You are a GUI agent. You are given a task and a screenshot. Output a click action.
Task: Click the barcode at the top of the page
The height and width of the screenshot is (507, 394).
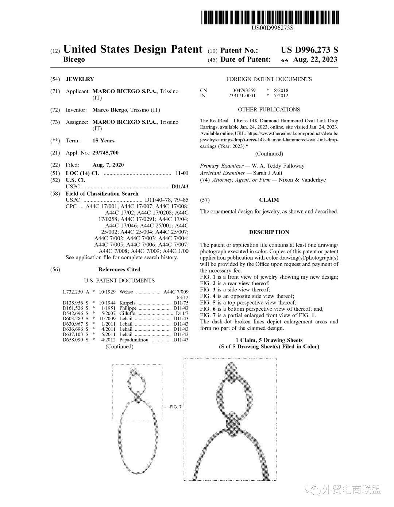(270, 17)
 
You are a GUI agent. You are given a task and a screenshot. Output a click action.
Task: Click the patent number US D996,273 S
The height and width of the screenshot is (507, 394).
(309, 50)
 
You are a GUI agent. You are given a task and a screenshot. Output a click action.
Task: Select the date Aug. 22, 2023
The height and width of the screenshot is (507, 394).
(315, 60)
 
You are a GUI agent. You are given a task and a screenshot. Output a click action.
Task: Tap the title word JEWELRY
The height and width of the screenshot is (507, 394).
(80, 79)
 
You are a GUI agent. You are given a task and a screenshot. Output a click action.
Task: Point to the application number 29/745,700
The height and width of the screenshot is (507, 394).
(105, 153)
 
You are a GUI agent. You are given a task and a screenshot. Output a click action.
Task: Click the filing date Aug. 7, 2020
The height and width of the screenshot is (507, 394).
(108, 165)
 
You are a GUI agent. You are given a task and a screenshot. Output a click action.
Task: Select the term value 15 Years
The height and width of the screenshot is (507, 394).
(103, 141)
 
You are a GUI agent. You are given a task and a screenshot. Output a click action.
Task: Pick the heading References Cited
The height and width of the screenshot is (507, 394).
(119, 270)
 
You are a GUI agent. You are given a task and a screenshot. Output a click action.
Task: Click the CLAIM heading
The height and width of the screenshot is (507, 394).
(269, 200)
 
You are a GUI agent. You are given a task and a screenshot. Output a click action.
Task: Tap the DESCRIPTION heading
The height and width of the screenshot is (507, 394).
(269, 232)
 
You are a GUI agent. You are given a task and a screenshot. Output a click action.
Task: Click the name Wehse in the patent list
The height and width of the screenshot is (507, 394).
(126, 292)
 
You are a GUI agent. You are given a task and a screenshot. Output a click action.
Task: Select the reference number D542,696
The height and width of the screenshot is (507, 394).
(73, 313)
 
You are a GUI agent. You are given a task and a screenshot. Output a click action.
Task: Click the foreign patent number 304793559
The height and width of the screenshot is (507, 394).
(244, 90)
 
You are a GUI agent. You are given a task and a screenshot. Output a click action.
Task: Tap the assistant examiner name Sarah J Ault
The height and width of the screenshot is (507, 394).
(268, 173)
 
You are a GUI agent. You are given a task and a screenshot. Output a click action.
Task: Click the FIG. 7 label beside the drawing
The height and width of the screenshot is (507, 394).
(175, 407)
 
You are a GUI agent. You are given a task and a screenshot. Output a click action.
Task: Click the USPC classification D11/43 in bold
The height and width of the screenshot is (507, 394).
(180, 187)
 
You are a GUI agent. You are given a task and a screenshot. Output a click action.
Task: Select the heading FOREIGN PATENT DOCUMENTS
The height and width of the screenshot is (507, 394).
(269, 79)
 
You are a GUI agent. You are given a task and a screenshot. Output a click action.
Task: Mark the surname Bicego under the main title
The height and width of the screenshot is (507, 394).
(74, 60)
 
